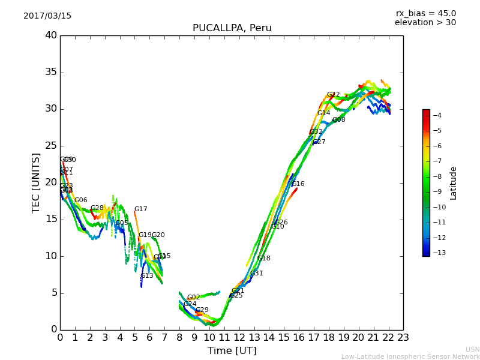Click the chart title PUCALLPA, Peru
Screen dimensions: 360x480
(232, 28)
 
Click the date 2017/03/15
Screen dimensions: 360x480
(47, 16)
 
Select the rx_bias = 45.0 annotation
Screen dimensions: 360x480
(425, 13)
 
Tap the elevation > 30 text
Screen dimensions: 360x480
(425, 23)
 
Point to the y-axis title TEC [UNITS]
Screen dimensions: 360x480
(36, 182)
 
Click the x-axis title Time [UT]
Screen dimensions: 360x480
(232, 351)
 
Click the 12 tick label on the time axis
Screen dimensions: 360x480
(239, 337)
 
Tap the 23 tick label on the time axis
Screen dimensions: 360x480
(403, 337)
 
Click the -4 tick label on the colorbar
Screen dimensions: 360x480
(437, 115)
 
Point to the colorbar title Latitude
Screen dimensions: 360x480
(454, 183)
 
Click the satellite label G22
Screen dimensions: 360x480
(334, 95)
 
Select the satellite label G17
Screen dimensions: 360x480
(140, 209)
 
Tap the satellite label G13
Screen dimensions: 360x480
(147, 276)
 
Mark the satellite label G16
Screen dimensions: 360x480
(298, 184)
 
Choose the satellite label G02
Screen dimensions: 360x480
(193, 298)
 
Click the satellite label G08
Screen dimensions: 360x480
(339, 120)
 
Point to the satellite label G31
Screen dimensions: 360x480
(257, 274)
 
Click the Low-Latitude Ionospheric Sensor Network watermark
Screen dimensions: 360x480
(410, 356)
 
